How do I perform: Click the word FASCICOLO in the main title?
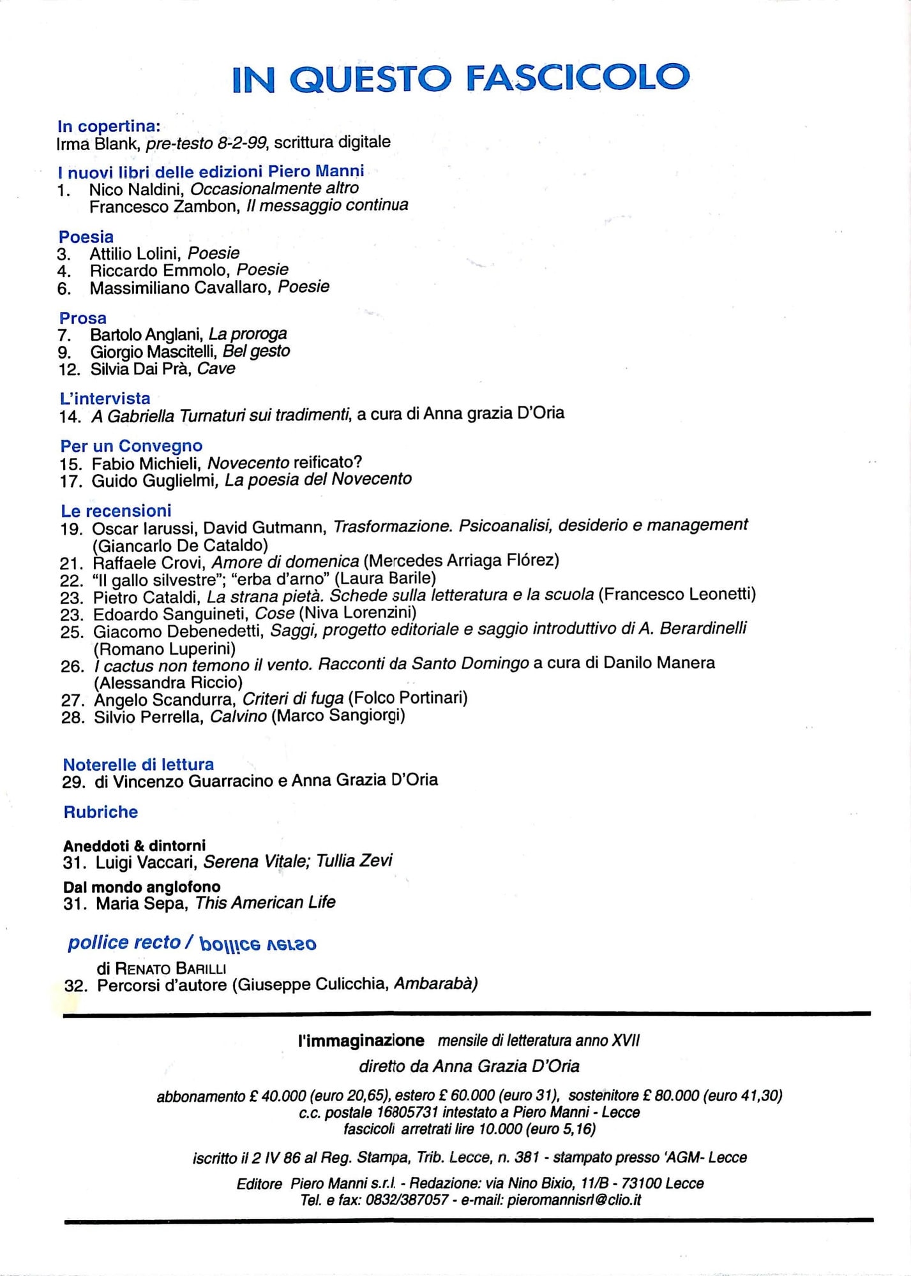(578, 78)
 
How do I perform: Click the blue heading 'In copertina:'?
(109, 126)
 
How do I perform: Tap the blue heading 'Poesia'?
(86, 237)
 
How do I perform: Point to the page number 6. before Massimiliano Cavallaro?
(64, 288)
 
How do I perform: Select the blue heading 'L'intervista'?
(105, 399)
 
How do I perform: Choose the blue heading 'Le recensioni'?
(116, 511)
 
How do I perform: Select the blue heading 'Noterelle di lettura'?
(138, 764)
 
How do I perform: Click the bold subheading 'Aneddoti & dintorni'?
(134, 845)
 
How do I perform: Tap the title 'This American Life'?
(265, 903)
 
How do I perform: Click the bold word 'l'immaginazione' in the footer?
(361, 1041)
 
